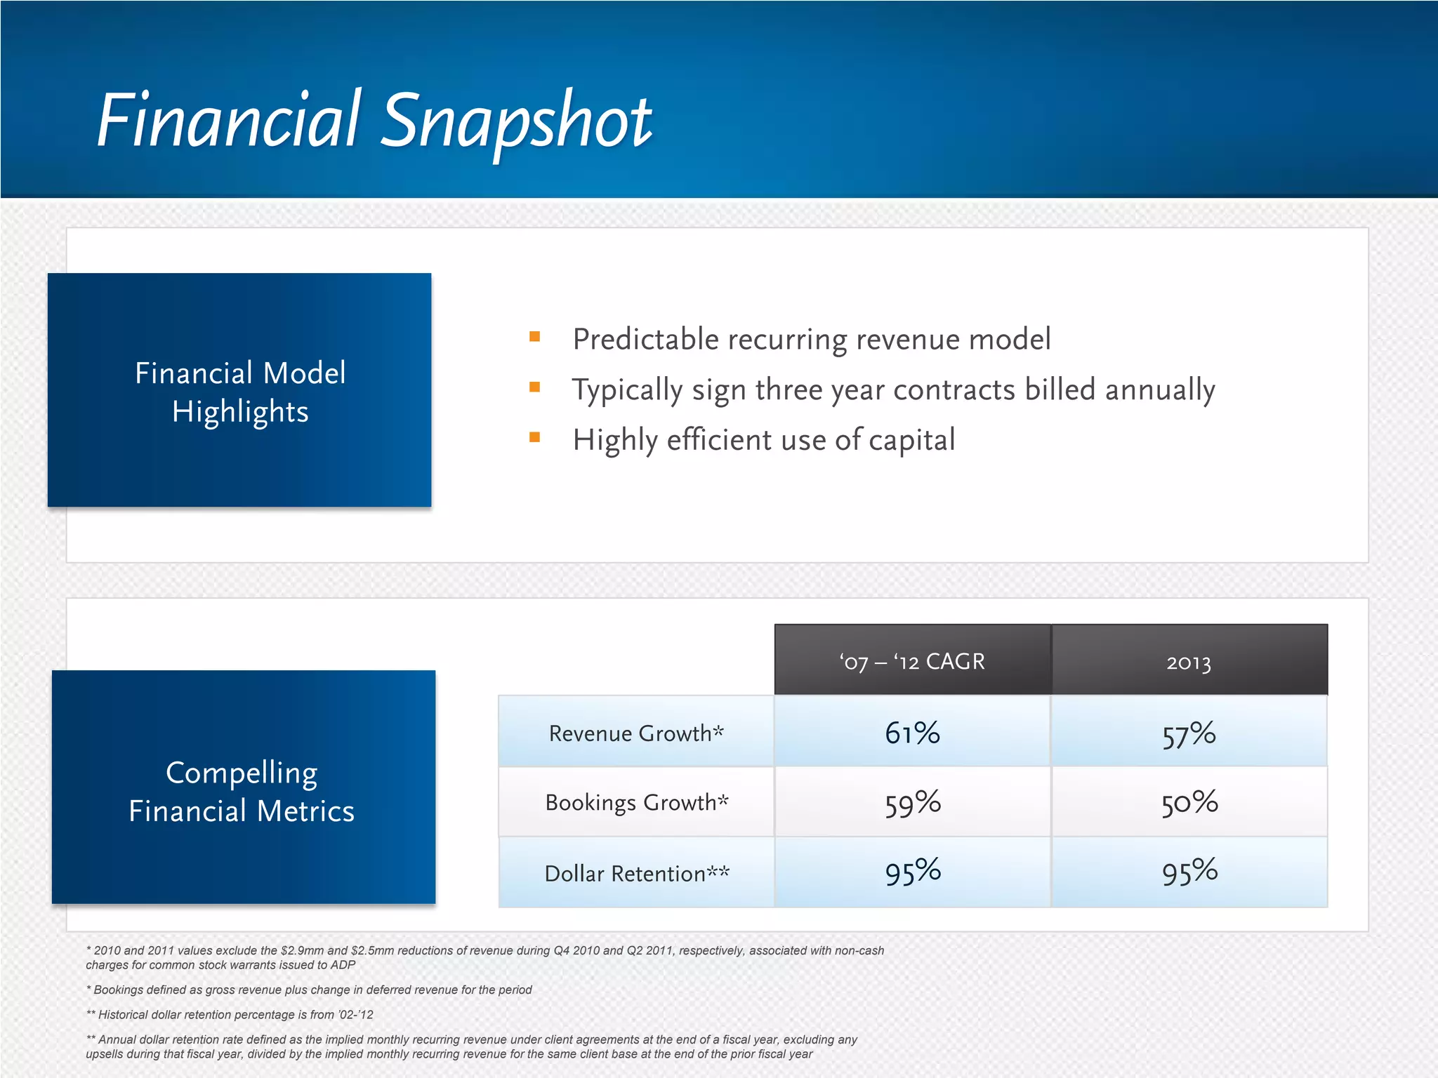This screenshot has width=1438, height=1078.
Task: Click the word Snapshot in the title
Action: (518, 121)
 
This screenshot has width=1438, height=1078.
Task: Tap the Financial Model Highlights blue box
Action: (239, 390)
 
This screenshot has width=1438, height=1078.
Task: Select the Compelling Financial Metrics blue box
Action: (243, 787)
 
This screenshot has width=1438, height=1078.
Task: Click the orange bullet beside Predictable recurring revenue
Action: (534, 337)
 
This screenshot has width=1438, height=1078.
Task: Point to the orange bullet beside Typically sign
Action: (534, 387)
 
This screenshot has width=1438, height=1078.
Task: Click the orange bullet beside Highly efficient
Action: (534, 438)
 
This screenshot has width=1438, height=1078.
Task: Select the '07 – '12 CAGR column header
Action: (912, 661)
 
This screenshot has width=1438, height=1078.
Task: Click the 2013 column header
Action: (1189, 661)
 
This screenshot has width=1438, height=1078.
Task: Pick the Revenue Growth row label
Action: (636, 733)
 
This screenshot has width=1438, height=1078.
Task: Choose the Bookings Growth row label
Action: (636, 802)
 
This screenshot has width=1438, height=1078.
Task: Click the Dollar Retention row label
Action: (636, 873)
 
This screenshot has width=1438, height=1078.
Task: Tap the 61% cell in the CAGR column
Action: (912, 733)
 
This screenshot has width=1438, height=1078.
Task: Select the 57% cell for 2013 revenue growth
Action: (1189, 734)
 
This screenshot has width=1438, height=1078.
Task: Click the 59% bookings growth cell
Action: (912, 803)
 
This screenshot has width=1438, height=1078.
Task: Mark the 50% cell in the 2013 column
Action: (1189, 803)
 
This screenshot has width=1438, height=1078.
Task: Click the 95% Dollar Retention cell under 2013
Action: (1189, 872)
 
